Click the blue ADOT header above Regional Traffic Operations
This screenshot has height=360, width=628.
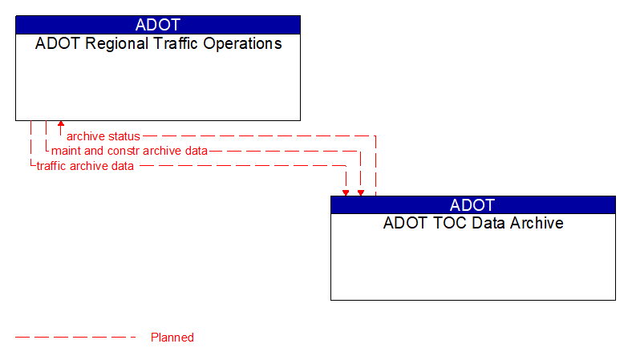point(158,25)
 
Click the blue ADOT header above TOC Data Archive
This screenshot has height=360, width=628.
point(472,204)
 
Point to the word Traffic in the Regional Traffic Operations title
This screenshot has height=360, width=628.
point(171,44)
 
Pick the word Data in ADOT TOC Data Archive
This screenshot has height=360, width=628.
point(480,223)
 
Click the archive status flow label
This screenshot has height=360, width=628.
point(103,136)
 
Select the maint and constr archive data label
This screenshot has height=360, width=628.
point(129,151)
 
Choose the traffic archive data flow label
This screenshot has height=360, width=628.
point(85,166)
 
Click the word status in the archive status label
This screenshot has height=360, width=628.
point(124,136)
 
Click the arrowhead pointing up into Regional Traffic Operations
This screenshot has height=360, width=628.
point(61,125)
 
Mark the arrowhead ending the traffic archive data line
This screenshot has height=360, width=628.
point(346,192)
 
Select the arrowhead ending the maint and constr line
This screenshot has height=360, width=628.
point(361,192)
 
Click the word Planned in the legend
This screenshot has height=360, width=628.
point(172,338)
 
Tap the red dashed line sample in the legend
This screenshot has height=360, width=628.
point(76,338)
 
